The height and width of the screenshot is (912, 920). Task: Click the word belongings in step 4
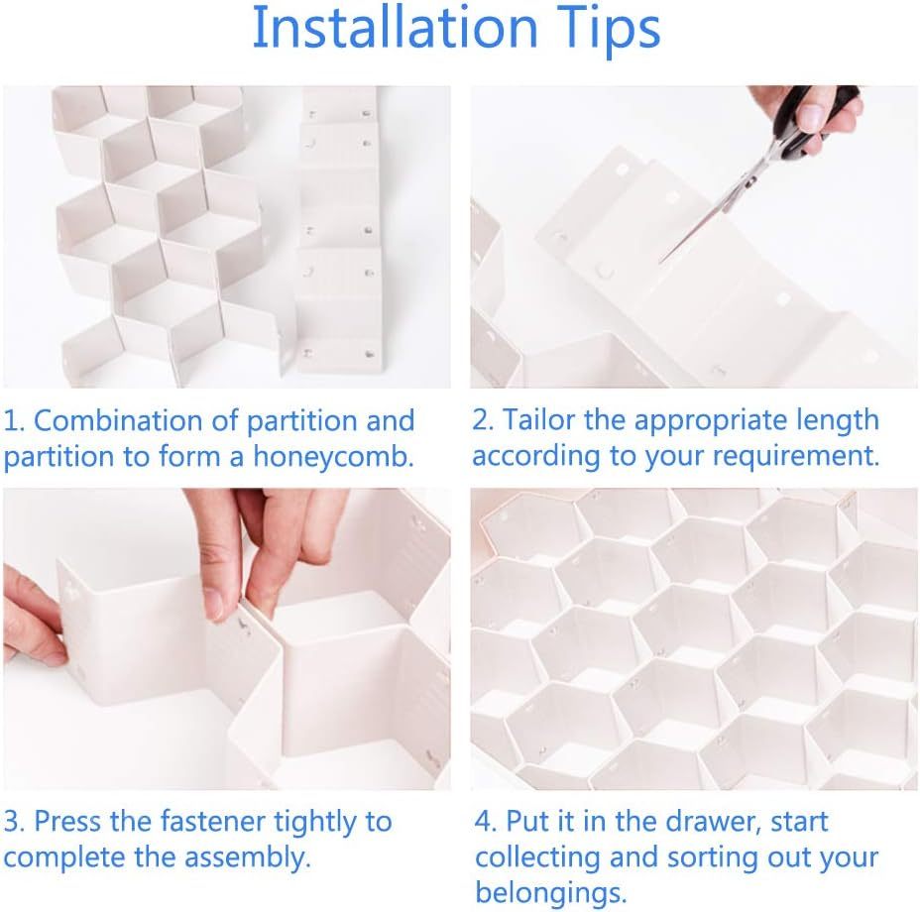[x=550, y=891]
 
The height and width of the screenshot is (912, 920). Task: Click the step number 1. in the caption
[x=14, y=420]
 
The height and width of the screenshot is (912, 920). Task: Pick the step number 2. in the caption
[x=483, y=420]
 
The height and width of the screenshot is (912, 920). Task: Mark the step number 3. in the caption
[x=14, y=822]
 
